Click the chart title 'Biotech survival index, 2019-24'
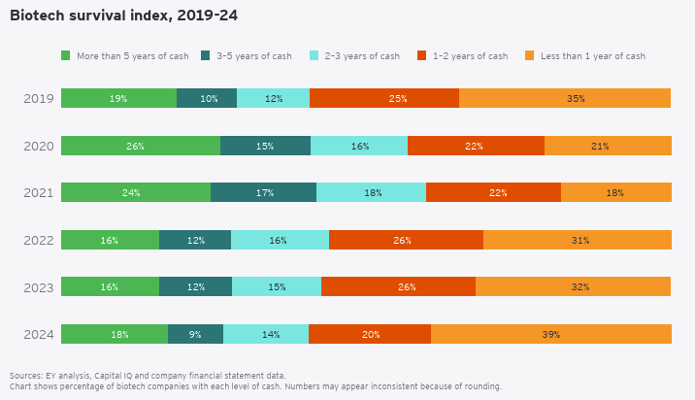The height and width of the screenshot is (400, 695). [123, 16]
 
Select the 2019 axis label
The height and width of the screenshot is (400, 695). [38, 98]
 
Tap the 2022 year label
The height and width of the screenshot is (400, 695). [38, 240]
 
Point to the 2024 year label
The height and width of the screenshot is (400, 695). [38, 334]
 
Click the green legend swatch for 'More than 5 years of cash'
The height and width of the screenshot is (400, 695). [66, 55]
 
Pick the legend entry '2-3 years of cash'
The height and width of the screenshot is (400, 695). [361, 55]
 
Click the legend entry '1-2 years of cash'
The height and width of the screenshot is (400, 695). [468, 55]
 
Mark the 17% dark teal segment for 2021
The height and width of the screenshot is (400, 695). [263, 192]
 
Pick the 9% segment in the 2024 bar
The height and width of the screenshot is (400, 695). [195, 334]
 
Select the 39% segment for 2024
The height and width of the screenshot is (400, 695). [551, 334]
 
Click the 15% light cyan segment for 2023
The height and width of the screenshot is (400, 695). [277, 286]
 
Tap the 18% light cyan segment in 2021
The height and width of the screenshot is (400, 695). [372, 192]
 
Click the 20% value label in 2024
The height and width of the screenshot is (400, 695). [370, 334]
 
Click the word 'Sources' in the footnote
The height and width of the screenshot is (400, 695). [25, 375]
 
